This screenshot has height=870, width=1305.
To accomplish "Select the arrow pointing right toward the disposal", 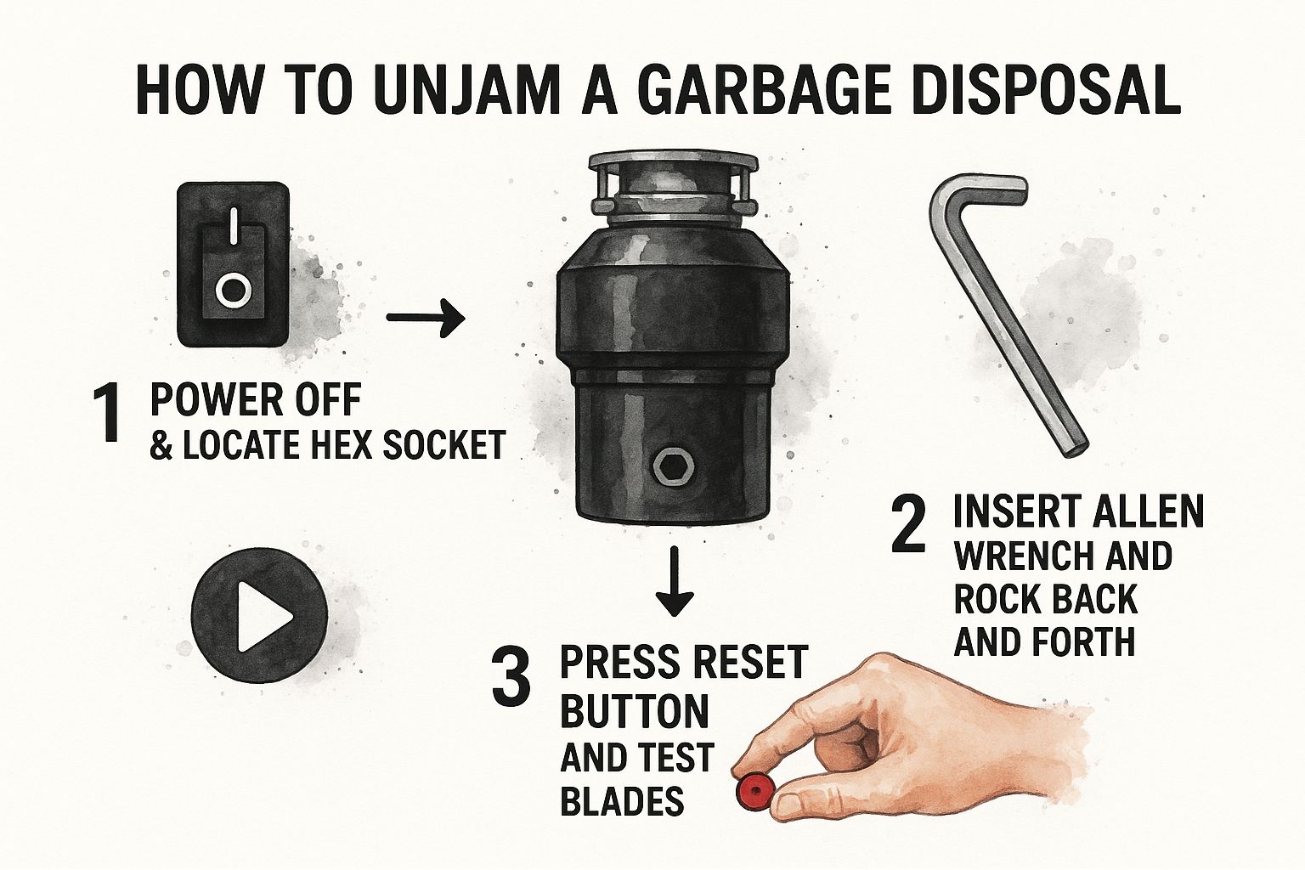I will click(x=425, y=319).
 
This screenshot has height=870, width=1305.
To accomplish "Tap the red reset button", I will click(x=752, y=790).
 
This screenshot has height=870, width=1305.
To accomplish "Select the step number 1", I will click(x=109, y=414).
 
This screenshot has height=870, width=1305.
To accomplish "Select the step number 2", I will click(x=908, y=527).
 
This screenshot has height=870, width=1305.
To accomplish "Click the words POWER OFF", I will click(x=255, y=399).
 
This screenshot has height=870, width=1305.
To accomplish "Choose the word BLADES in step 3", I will click(x=622, y=800).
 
